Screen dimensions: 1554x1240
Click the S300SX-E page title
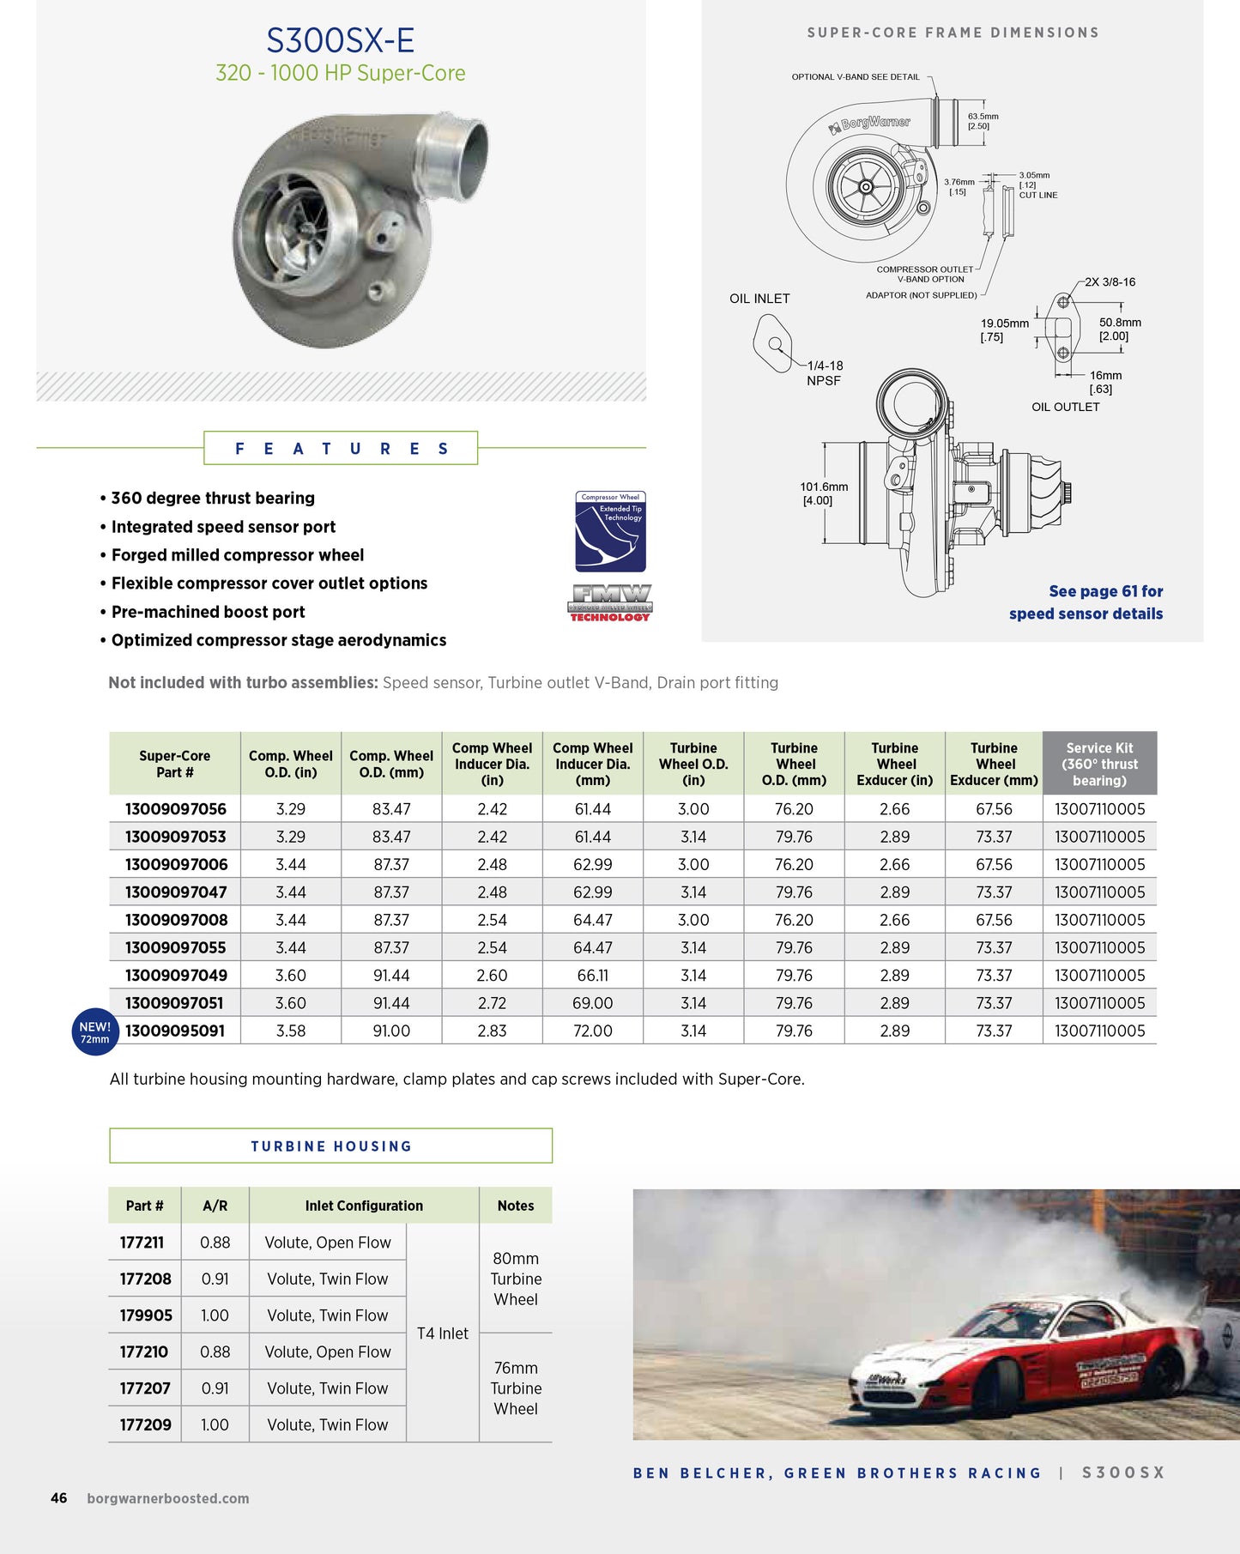click(x=340, y=40)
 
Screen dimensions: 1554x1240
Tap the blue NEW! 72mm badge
click(x=94, y=1031)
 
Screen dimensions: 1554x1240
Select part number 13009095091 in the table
click(x=175, y=1031)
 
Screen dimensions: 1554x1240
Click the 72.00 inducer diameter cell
click(x=592, y=1031)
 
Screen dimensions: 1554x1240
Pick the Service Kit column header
click(x=1099, y=764)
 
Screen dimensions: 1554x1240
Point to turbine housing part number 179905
click(x=146, y=1315)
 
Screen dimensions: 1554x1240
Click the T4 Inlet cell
click(x=443, y=1333)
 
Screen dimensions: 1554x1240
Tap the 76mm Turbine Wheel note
click(x=516, y=1388)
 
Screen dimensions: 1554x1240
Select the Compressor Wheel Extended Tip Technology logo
click(x=610, y=531)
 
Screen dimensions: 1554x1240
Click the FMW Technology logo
click(x=610, y=602)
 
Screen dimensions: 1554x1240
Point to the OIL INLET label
click(x=759, y=299)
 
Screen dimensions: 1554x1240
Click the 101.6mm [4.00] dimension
click(x=824, y=493)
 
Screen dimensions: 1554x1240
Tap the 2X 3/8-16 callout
click(x=1110, y=282)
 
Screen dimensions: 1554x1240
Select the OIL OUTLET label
click(x=1065, y=407)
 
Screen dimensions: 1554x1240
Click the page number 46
click(x=58, y=1498)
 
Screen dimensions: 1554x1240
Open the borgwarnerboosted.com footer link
click(x=168, y=1498)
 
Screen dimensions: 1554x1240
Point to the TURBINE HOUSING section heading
click(x=331, y=1146)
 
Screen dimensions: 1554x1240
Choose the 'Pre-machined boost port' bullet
click(x=209, y=612)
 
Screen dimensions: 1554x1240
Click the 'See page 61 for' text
click(x=1105, y=591)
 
